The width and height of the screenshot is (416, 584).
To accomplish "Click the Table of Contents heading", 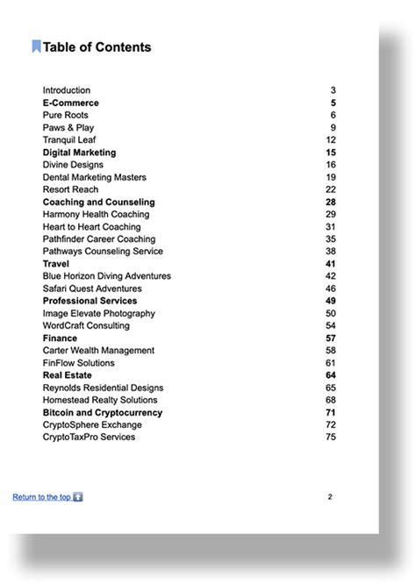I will (x=97, y=47).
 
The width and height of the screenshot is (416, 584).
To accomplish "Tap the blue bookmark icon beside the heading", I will (x=36, y=47).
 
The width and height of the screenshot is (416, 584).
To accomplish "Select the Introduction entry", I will (x=66, y=90).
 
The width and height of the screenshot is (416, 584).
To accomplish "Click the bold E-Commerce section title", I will (x=70, y=103).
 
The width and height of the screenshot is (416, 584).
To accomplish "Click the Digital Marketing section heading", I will (x=79, y=153).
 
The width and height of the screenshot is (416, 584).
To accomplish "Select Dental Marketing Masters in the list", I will (x=94, y=177).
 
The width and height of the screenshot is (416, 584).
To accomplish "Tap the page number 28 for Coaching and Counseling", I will (x=331, y=202).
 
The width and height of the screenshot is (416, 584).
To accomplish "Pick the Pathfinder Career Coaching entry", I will (x=98, y=239).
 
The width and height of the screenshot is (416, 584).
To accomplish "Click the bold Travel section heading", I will (x=56, y=263).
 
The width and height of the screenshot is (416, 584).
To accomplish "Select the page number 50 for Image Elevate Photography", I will (x=331, y=313).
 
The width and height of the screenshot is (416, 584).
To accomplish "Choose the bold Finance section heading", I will (x=60, y=338).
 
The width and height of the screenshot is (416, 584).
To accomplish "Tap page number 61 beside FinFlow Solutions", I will (x=331, y=362).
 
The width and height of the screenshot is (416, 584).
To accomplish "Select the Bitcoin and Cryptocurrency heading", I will (x=103, y=412).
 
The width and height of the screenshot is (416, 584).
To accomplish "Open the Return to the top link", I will (x=41, y=497).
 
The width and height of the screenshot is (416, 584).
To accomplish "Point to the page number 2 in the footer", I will (x=330, y=496).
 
